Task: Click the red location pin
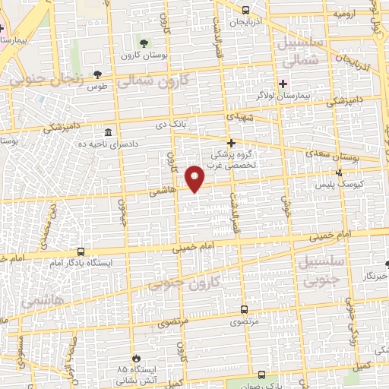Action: click(196, 178)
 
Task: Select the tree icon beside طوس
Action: click(97, 74)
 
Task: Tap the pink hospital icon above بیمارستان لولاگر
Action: click(284, 84)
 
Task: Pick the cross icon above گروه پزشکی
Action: click(232, 142)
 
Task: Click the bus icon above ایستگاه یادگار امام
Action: click(81, 251)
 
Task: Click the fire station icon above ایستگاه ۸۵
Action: click(136, 357)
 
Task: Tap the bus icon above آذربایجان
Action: click(245, 10)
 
